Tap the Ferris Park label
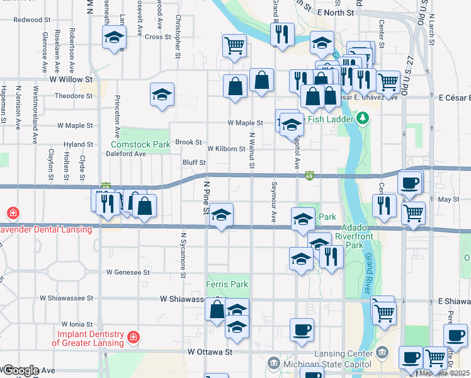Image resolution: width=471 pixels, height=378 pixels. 227,285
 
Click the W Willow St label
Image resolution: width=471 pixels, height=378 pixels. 69,80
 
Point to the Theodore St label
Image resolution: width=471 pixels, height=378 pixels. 74,96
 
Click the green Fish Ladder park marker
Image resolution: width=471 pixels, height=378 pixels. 362,118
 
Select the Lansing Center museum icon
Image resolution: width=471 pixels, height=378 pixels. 382,351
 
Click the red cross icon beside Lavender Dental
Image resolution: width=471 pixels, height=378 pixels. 13,213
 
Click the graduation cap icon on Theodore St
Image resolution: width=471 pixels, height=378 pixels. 162,94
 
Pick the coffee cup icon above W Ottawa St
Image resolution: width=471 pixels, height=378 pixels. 302,329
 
